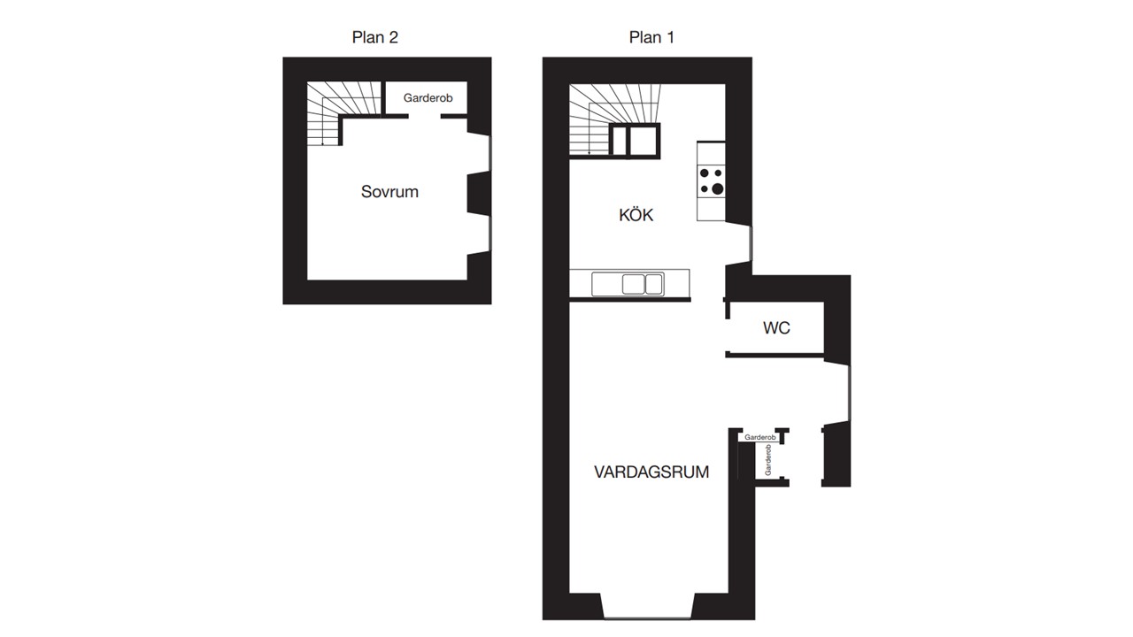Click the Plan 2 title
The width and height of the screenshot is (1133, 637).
click(x=374, y=37)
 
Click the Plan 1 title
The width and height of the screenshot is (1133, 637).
click(x=651, y=37)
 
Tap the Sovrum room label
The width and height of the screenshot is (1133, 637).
click(x=389, y=192)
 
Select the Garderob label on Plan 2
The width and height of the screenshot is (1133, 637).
click(x=428, y=97)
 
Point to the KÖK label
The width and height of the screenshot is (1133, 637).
click(x=636, y=215)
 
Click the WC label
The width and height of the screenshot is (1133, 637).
click(x=776, y=328)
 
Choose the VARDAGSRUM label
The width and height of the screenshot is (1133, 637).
click(x=651, y=472)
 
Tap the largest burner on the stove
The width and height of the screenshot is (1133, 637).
click(x=717, y=189)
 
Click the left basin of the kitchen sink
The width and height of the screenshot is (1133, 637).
click(x=633, y=284)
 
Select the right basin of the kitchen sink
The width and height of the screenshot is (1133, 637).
click(x=654, y=284)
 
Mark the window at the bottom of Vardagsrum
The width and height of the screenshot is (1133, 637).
click(x=647, y=618)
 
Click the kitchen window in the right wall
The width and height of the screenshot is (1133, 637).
click(x=751, y=243)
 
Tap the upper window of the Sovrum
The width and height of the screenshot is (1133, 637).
click(x=489, y=153)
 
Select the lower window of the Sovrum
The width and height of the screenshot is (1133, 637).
click(x=489, y=234)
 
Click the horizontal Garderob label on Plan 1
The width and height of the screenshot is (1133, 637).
click(x=759, y=437)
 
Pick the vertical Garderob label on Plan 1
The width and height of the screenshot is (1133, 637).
click(x=768, y=459)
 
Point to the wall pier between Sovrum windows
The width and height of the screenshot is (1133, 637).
click(x=479, y=194)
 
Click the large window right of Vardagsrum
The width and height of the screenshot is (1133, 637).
click(x=849, y=393)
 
